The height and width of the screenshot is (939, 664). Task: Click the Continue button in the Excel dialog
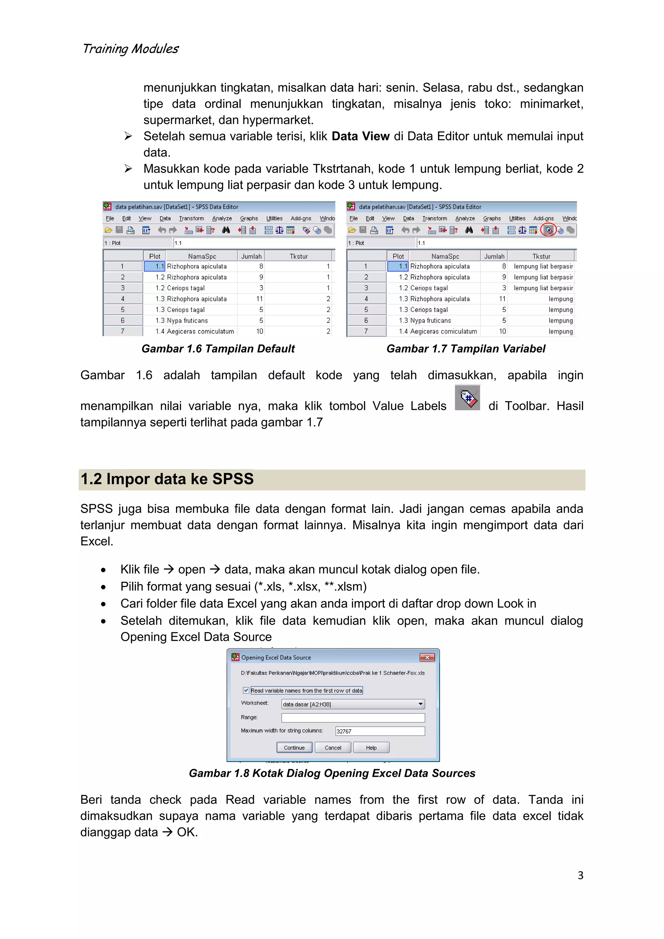tap(294, 748)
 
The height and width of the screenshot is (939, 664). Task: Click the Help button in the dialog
tap(371, 748)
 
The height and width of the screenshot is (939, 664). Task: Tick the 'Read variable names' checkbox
tap(246, 690)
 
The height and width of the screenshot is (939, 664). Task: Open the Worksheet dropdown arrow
tap(420, 704)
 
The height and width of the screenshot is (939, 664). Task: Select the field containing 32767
tap(380, 731)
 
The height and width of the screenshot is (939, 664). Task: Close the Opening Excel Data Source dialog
tap(427, 657)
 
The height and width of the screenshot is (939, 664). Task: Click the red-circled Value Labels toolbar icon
tap(548, 230)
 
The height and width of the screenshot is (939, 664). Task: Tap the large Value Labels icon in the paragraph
tap(467, 398)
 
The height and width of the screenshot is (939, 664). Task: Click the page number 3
tap(580, 875)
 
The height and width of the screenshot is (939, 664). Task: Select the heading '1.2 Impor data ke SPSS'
tap(167, 479)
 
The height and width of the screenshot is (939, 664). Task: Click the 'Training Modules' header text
tap(130, 49)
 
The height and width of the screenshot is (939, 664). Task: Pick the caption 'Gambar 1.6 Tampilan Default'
tap(218, 349)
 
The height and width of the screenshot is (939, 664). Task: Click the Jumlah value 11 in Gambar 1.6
tap(259, 299)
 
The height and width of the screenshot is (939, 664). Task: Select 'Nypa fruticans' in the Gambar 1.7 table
tap(431, 321)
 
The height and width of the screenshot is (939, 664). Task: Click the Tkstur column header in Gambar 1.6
tap(299, 256)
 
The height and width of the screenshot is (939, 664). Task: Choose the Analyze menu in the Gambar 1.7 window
tap(465, 219)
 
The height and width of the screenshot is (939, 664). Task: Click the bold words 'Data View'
tap(360, 136)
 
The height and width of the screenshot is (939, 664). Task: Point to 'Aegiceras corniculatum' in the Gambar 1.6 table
tap(200, 331)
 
